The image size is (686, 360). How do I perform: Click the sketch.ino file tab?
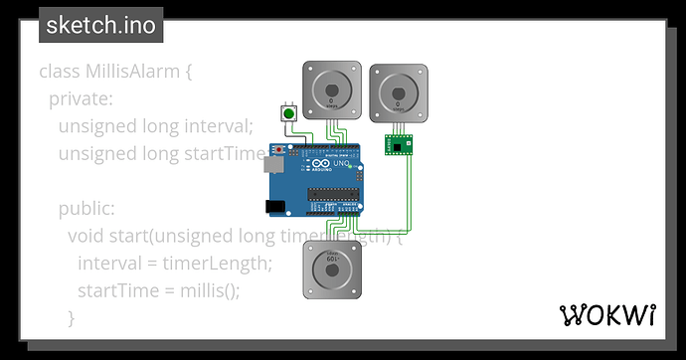100,25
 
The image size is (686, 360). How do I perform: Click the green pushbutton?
289,114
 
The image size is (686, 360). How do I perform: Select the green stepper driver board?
400,146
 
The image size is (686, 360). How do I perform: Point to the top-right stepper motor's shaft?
399,91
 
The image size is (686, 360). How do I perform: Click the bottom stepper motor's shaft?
331,269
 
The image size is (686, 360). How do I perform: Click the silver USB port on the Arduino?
272,170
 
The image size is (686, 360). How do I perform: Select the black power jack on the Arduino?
274,206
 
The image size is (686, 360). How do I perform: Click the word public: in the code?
86,209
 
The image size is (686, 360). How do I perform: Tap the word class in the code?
59,72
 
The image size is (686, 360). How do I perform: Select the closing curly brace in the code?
71,318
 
